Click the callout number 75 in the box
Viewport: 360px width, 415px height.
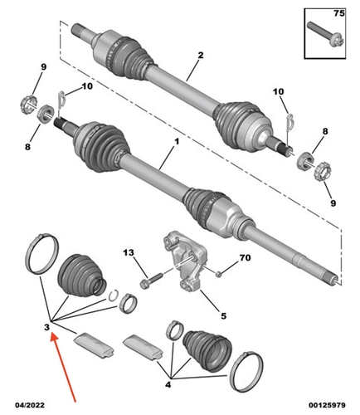[339, 13]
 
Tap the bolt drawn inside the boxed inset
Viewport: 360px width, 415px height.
[325, 34]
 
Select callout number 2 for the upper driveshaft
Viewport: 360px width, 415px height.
[201, 55]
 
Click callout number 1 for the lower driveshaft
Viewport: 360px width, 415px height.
[177, 142]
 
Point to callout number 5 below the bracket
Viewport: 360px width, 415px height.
[223, 315]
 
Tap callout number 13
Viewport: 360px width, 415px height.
[129, 252]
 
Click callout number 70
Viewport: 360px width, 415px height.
[245, 257]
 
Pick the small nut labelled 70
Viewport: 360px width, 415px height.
[219, 274]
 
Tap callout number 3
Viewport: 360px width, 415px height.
[46, 327]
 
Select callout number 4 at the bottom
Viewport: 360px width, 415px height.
[168, 384]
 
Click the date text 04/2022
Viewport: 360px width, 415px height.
[30, 405]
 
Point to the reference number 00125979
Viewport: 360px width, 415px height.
[327, 405]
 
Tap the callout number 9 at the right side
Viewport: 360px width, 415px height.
[333, 203]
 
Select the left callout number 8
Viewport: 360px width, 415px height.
[27, 147]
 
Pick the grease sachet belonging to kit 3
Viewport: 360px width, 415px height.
[95, 346]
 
